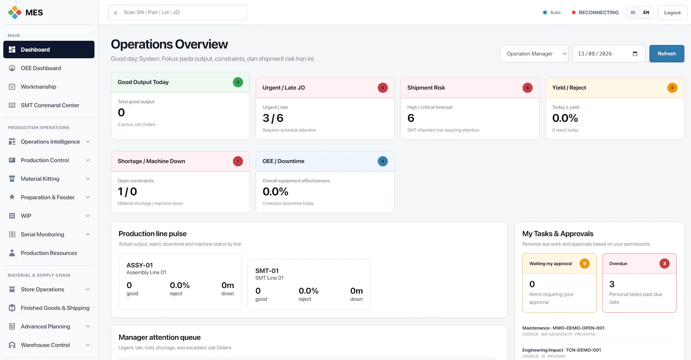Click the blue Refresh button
pos(667,54)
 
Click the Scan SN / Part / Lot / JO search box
pos(178,13)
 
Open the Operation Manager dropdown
pos(534,54)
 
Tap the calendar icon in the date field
pos(635,54)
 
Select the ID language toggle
pos(633,13)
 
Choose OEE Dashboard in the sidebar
pos(41,68)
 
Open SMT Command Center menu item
pos(50,105)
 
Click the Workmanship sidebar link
pos(38,87)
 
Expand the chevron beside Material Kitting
pos(88,179)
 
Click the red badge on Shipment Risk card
pos(527,88)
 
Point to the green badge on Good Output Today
pos(238,82)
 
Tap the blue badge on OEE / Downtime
pos(383,161)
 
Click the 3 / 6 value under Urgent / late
pos(273,118)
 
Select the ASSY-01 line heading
pos(140,265)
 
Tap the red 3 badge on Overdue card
pos(665,264)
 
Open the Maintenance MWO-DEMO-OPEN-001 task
pos(563,328)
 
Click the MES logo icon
pos(15,13)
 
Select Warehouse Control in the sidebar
pos(45,345)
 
